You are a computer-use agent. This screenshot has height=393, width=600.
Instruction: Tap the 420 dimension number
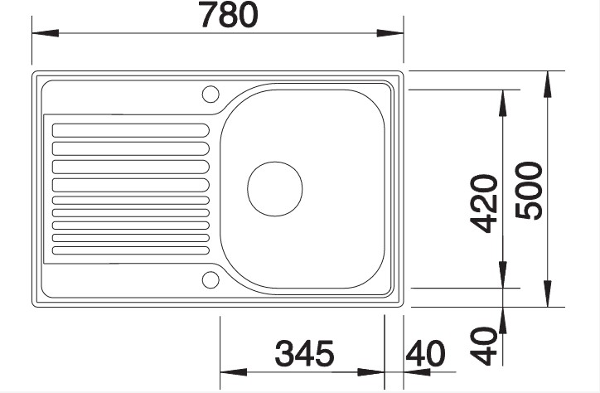(481, 204)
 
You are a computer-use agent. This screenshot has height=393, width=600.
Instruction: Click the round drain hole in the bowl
(275, 187)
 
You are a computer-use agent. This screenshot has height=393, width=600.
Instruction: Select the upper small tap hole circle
(209, 93)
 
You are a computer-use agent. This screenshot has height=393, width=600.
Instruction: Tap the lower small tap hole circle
(209, 279)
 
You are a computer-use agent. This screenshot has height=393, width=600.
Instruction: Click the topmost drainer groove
(130, 129)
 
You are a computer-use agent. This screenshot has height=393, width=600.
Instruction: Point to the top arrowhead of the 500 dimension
(548, 83)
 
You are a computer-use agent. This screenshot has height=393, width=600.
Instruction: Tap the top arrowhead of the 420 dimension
(501, 100)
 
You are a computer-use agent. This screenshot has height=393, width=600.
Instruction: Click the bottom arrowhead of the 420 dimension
(501, 277)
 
